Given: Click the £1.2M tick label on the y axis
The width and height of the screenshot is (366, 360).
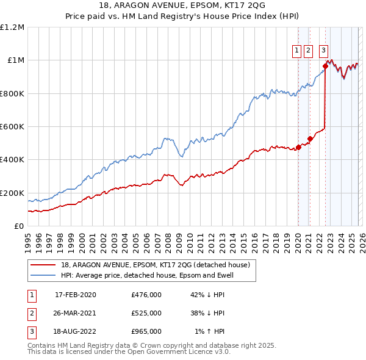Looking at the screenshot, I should [12, 27].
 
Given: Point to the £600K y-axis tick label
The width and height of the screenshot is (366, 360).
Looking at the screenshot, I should [12, 127].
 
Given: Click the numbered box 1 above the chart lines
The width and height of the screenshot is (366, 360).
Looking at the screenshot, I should [296, 51].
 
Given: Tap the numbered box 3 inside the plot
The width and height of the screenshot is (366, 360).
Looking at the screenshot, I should [323, 51].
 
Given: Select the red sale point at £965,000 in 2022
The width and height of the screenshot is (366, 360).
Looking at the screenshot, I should [326, 67].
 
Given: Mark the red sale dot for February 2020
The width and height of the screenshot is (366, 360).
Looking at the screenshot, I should [298, 147].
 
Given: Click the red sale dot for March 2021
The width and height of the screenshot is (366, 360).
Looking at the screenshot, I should [310, 139].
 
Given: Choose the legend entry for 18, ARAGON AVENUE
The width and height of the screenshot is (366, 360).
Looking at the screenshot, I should [155, 265].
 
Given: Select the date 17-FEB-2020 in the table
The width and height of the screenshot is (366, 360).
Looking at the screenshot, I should [76, 295].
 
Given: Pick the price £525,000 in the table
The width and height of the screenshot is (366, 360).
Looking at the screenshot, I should [146, 313].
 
